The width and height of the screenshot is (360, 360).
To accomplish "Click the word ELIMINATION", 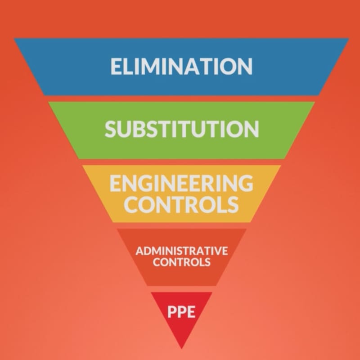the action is click(181, 66).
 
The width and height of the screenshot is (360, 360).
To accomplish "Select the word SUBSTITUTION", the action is click(182, 129).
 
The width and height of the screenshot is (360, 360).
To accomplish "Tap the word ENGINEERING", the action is click(181, 183).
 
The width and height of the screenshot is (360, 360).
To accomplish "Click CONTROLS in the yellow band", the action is click(181, 204).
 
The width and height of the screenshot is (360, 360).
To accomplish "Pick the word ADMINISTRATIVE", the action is click(182, 251).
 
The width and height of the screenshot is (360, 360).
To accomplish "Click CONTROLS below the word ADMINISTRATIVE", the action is click(182, 262).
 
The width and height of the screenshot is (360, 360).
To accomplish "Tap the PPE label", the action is click(181, 311).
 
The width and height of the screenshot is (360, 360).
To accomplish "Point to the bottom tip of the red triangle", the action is click(182, 348).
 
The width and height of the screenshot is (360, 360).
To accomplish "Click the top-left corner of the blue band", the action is click(14, 39).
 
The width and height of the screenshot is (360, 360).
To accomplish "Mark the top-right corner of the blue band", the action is click(349, 39).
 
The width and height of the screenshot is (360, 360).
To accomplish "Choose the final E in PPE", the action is click(191, 311).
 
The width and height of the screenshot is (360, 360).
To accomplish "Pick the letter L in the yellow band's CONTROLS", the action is click(222, 204).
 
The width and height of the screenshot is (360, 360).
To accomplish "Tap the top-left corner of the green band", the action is click(49, 102).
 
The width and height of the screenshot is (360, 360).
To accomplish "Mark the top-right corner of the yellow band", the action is click(280, 165).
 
